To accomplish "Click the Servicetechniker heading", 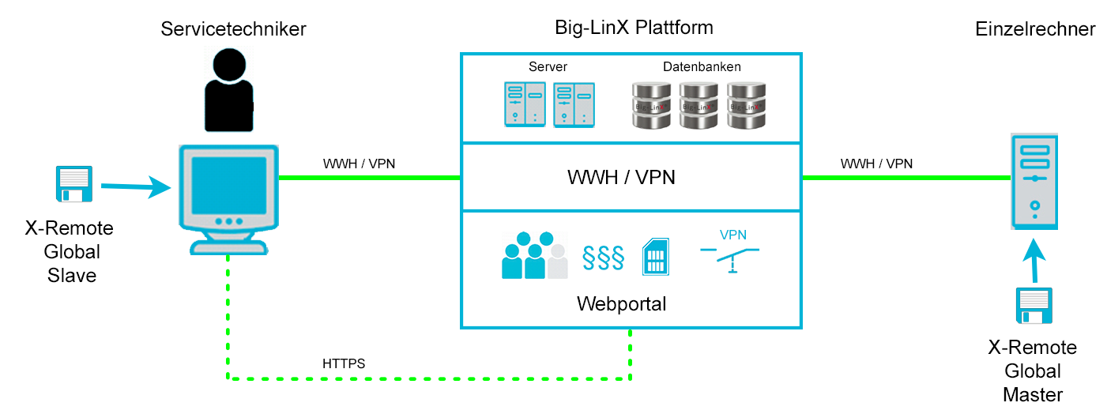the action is point(233,29).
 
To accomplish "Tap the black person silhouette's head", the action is point(229,64).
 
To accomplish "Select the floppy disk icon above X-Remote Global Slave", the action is point(74,184).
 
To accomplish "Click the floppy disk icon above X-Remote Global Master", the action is point(1034,305).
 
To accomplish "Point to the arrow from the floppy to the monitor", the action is point(136,186).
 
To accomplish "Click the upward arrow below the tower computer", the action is point(1034,261).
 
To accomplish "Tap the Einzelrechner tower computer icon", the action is point(1034,181).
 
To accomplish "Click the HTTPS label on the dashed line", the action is point(344,363).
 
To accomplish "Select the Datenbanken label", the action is point(702,66).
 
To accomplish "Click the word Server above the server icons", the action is point(548,66).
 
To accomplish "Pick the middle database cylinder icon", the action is point(698,106).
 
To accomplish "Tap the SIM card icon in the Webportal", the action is point(656,257).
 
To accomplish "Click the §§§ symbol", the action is point(603,258).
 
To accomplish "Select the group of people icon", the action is point(535,255).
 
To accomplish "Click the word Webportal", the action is point(621,304).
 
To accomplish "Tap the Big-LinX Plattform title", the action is point(634,28).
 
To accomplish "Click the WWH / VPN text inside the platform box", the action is point(621,177).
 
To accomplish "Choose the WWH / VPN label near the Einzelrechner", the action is point(876,164).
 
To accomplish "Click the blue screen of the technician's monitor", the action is point(229,185).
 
